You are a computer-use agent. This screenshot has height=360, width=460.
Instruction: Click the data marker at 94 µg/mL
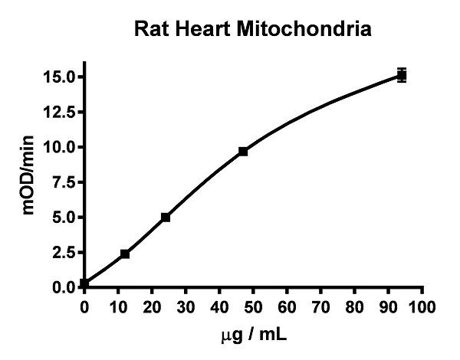[x=401, y=75]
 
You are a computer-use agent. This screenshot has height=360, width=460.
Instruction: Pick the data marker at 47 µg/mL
[x=243, y=152]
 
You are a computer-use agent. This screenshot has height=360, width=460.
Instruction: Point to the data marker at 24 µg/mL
[x=165, y=218]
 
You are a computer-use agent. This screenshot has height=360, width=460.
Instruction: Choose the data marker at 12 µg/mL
[x=125, y=254]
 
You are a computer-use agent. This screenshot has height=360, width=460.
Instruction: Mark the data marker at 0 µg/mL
[x=84, y=283]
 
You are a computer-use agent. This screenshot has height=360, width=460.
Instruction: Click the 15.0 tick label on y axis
[x=59, y=77]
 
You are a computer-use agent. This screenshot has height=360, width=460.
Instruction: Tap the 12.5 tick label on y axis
[x=59, y=112]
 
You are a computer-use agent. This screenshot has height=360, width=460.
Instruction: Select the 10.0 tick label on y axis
[x=59, y=147]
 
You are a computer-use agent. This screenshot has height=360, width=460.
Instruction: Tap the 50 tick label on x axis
[x=253, y=308]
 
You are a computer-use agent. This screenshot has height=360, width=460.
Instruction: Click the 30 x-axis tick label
[x=186, y=308]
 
